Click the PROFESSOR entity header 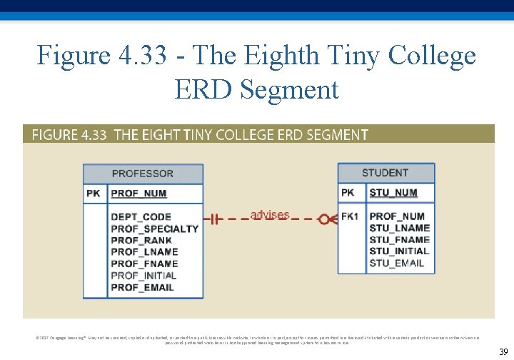[142, 174]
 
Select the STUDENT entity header [385, 173]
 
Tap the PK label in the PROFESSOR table [94, 194]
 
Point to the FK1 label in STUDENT [350, 216]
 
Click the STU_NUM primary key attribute [393, 193]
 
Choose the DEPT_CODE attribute [141, 217]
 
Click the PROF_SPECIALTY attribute [154, 229]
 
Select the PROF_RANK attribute [141, 241]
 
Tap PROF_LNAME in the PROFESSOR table [144, 252]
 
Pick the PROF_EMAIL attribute [142, 287]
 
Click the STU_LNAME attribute [399, 228]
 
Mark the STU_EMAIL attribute [396, 263]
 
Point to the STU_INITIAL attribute [399, 251]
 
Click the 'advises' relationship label [270, 214]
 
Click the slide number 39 [503, 351]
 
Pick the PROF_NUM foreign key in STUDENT [396, 216]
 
